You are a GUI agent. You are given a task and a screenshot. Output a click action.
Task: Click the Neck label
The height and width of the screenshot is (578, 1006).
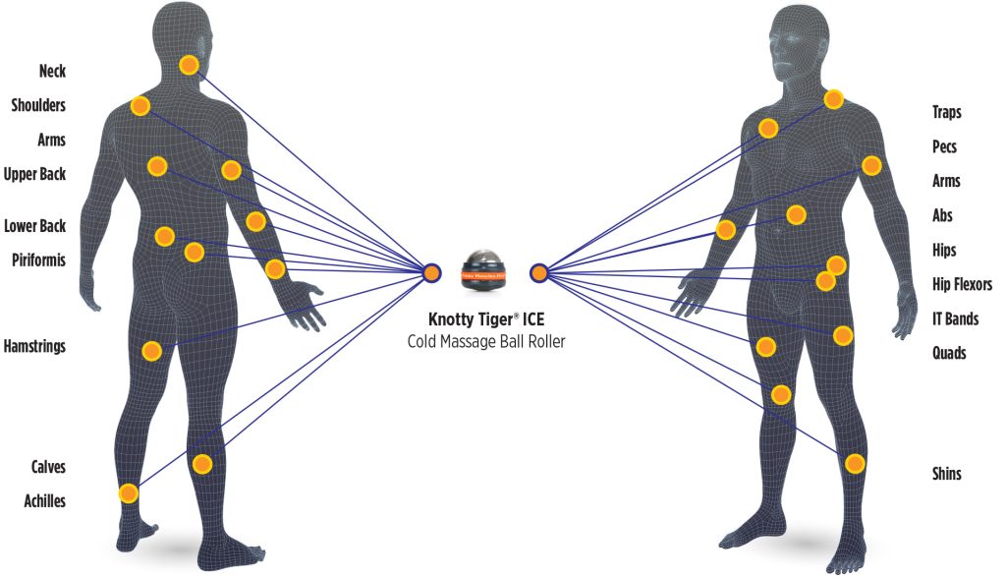pyautogui.click(x=52, y=71)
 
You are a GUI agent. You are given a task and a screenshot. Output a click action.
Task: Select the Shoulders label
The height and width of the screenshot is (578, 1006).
pyautogui.click(x=38, y=105)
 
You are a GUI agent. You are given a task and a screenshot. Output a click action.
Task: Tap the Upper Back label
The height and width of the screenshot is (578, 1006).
pyautogui.click(x=34, y=174)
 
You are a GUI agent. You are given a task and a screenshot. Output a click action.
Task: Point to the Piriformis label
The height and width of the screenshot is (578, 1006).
pyautogui.click(x=38, y=260)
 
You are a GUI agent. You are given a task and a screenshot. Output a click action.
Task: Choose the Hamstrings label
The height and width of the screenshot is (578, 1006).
pyautogui.click(x=34, y=346)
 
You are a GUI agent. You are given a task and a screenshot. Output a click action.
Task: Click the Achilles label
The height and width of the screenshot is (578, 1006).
pyautogui.click(x=44, y=501)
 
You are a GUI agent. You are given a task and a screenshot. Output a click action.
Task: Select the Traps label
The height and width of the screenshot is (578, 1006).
pyautogui.click(x=946, y=112)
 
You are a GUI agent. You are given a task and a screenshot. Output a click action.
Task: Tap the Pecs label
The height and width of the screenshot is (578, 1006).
pyautogui.click(x=944, y=146)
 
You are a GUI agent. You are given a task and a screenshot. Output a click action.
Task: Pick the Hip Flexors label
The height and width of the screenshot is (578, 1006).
pyautogui.click(x=962, y=285)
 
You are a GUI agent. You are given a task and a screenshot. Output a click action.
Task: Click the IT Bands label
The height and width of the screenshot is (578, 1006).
pyautogui.click(x=955, y=318)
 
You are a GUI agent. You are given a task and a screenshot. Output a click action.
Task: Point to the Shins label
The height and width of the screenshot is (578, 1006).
pyautogui.click(x=946, y=474)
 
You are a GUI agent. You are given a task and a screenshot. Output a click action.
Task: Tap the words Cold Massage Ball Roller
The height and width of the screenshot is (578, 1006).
pyautogui.click(x=486, y=341)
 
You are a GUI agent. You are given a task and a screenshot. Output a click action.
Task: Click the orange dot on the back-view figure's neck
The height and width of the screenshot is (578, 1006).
pyautogui.click(x=190, y=66)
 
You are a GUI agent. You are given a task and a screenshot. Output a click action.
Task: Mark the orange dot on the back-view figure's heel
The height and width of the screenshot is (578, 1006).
pyautogui.click(x=128, y=493)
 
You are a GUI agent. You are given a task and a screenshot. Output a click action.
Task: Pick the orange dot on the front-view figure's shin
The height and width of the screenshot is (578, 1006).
pyautogui.click(x=855, y=463)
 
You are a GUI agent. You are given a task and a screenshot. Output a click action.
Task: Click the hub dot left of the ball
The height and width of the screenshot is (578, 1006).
pyautogui.click(x=430, y=272)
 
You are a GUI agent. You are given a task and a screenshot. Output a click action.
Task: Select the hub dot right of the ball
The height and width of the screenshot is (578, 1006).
pyautogui.click(x=538, y=272)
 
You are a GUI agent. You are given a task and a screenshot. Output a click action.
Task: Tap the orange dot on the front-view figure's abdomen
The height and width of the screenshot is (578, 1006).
pyautogui.click(x=796, y=214)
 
